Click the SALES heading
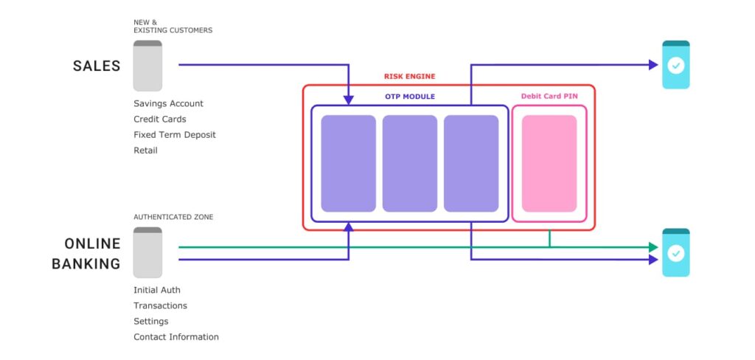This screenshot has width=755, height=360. (x=96, y=66)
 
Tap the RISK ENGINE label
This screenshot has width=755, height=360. (x=409, y=77)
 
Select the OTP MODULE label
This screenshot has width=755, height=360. (x=409, y=97)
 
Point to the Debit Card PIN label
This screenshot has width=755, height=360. (x=549, y=97)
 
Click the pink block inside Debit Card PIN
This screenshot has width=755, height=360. (x=549, y=163)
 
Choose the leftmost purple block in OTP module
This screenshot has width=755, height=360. (x=348, y=163)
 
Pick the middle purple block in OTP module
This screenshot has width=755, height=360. (x=409, y=163)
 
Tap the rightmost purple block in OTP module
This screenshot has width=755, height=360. (x=470, y=163)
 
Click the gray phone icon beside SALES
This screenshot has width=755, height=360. (x=147, y=66)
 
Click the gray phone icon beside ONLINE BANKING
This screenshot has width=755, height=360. (x=147, y=252)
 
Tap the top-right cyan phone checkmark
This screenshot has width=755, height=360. (x=675, y=65)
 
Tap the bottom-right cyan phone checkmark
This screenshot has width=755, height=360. (x=675, y=253)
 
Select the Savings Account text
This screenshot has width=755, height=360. (x=168, y=104)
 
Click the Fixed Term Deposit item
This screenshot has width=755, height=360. (x=175, y=135)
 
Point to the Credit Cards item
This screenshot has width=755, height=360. (x=159, y=120)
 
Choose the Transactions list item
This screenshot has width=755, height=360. (x=160, y=305)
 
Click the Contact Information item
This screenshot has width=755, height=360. (x=176, y=337)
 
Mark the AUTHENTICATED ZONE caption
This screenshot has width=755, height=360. (x=173, y=218)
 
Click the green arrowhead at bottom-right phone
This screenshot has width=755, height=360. (x=653, y=247)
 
